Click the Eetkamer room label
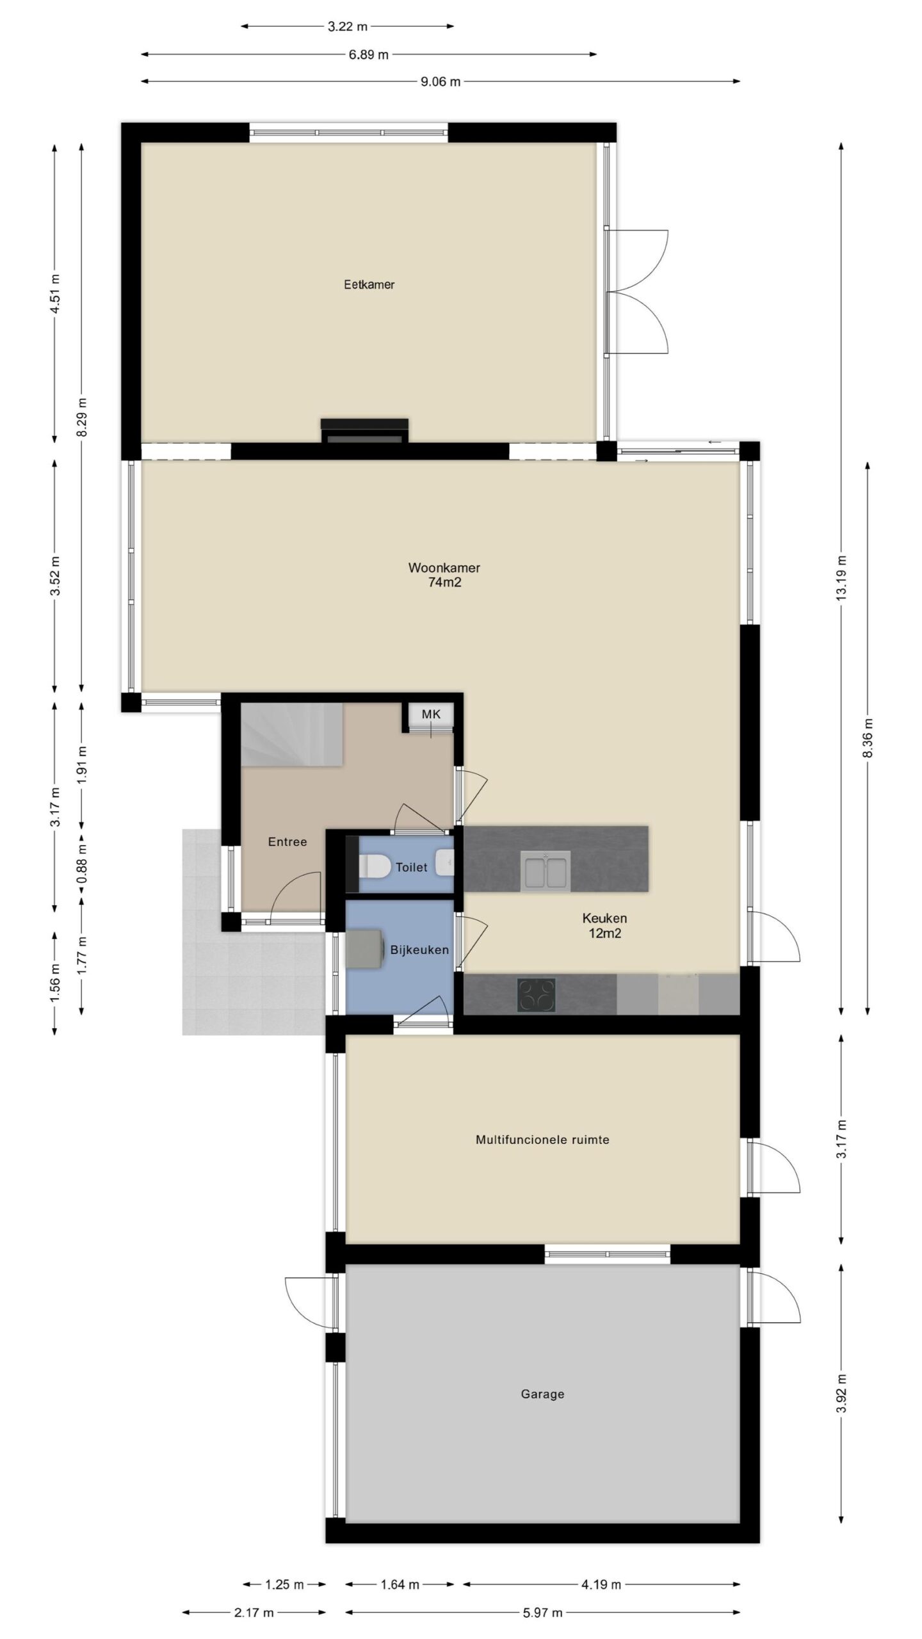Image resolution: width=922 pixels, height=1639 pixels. coord(369,285)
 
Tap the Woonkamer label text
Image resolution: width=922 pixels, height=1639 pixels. coord(444,568)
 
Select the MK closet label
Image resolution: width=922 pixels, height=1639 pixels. coord(431,714)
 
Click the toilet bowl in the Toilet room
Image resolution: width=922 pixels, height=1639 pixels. coord(375,866)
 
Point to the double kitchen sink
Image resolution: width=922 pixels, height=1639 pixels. coord(546,871)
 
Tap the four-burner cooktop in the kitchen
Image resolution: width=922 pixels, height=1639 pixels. coord(536,994)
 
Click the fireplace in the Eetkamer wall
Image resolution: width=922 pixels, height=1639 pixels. coord(364,430)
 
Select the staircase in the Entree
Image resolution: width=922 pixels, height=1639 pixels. coord(292,734)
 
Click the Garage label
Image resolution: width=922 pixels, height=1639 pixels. coord(542,1394)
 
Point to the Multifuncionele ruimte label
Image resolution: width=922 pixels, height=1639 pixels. coord(542,1140)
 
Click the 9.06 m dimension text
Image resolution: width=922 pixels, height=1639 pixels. coord(441,82)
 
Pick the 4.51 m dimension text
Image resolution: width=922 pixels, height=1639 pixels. coord(56,294)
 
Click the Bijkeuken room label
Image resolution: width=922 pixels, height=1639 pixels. coord(419,950)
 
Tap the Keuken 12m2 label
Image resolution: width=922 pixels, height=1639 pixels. coord(604,926)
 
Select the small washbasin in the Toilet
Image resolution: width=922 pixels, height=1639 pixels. coord(445,862)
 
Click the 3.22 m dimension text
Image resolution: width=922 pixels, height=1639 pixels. coord(348,27)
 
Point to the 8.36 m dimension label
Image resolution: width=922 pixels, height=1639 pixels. coord(868,738)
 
